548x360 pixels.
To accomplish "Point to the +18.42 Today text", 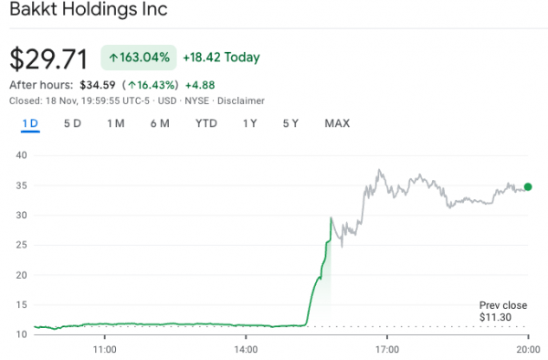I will pos(221,58).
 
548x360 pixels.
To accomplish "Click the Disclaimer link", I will pos(240,101).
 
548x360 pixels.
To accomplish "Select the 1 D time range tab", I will pos(30,123).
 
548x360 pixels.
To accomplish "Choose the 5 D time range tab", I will pos(72,123).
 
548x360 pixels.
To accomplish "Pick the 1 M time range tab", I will pos(116,123).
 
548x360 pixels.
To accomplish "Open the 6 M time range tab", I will pos(160,123).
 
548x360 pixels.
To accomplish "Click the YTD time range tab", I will pos(206,123).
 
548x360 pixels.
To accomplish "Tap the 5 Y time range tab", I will pos(290,123).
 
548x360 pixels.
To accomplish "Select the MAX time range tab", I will pos(337,123).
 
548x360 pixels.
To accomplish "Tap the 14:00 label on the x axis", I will pos(246,348).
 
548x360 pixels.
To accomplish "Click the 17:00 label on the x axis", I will pos(387,348).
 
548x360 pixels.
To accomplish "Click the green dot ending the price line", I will pos(528,186).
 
